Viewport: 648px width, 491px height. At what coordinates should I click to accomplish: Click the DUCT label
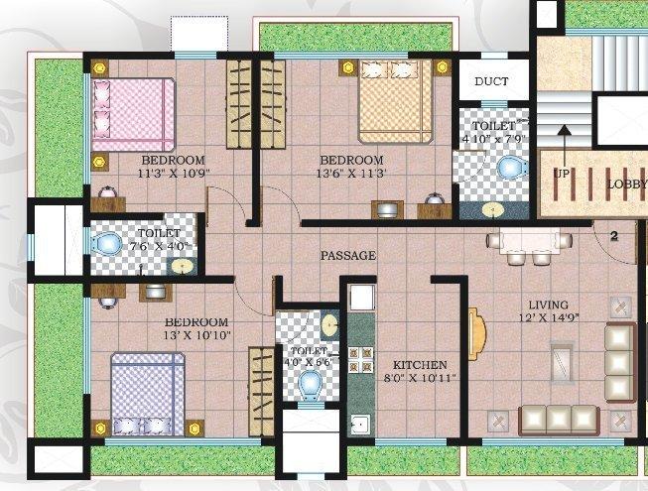coord(490,82)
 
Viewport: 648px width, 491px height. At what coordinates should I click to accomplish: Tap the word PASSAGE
coord(347,256)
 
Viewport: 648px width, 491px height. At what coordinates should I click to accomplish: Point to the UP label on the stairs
coord(563,174)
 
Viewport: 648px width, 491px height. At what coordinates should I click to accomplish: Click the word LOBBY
coord(627,184)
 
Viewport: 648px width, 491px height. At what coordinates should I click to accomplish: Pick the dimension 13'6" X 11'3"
coord(350,174)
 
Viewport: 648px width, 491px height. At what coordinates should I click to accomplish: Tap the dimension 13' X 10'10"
coord(196,336)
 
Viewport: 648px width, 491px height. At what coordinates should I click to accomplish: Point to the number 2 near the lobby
coord(614,236)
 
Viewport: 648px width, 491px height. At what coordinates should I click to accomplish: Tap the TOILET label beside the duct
coord(492,127)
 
